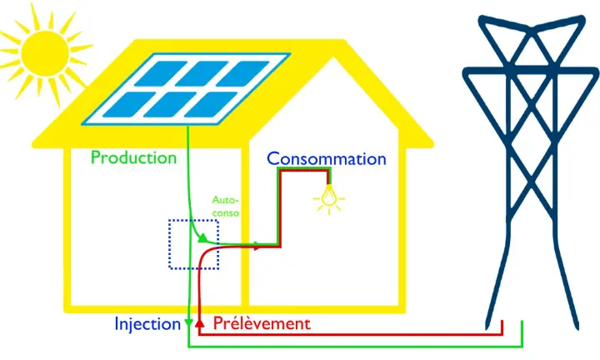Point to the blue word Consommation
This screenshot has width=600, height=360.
coord(326,158)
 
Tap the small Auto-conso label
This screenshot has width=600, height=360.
coord(226,206)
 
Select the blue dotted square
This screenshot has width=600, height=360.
coord(193,244)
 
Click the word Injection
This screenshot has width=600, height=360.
coord(147,323)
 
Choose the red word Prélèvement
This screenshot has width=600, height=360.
coord(261,323)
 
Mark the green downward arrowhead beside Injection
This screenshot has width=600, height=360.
coord(189,323)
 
